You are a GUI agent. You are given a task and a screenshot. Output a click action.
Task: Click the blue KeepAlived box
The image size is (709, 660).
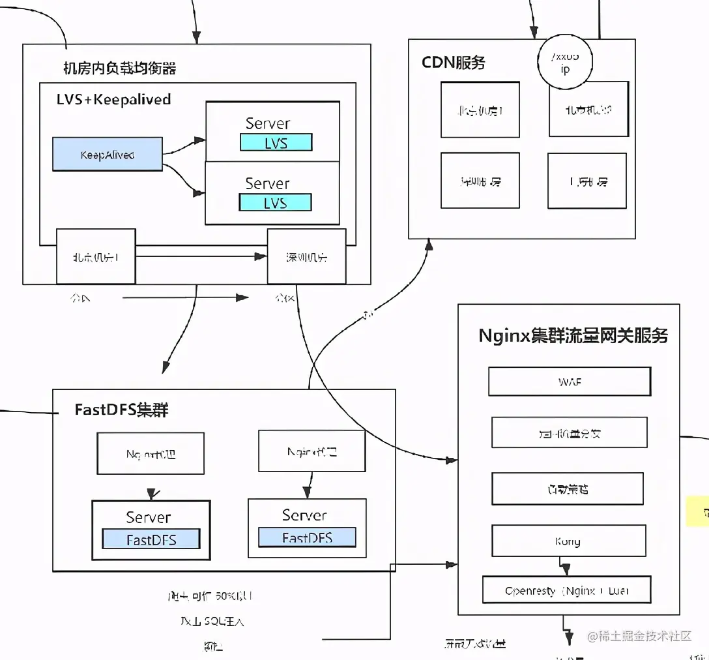pyautogui.click(x=107, y=155)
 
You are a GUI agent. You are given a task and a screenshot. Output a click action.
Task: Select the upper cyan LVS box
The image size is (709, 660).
pyautogui.click(x=276, y=143)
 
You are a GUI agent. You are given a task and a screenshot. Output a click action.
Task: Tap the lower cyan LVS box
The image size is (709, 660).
pyautogui.click(x=276, y=203)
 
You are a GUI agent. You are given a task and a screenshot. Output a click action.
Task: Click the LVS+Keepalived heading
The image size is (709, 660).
pyautogui.click(x=114, y=100)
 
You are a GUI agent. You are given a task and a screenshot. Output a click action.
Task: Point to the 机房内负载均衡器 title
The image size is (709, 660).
pyautogui.click(x=119, y=68)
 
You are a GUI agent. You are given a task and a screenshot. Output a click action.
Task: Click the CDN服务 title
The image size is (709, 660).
pyautogui.click(x=454, y=63)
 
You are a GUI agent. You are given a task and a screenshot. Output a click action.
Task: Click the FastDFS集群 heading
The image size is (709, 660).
pyautogui.click(x=122, y=410)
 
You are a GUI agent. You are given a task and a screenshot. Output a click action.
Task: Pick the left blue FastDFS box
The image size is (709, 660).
pyautogui.click(x=151, y=539)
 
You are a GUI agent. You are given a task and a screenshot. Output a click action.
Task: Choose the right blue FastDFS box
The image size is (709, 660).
pyautogui.click(x=307, y=537)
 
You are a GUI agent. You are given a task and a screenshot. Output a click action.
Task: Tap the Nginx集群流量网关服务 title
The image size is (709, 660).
pyautogui.click(x=573, y=335)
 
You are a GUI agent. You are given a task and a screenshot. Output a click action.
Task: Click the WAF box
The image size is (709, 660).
pyautogui.click(x=569, y=382)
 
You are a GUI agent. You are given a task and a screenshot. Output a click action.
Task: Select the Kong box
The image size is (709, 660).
pyautogui.click(x=568, y=541)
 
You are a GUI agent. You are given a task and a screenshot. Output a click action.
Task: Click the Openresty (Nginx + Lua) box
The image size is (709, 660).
pyautogui.click(x=566, y=591)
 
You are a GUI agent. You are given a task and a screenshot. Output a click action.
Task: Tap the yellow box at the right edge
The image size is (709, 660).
pyautogui.click(x=699, y=511)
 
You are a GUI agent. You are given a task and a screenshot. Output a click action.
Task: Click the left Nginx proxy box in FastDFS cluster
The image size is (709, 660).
pyautogui.click(x=151, y=453)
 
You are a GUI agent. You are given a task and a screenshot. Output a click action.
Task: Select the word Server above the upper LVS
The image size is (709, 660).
pyautogui.click(x=267, y=123)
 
